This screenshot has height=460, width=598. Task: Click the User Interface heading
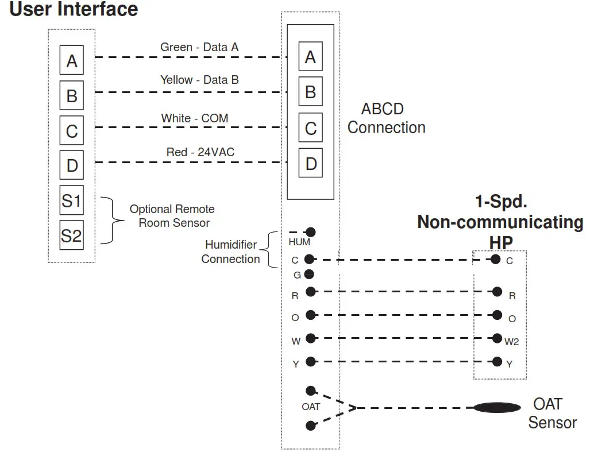coord(74,10)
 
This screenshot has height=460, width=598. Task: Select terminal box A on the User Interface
coord(72,61)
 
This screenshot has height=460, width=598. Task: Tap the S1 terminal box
coord(72,201)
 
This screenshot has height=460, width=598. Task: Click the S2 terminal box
coord(72,235)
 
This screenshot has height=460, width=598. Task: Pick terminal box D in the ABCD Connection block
coord(311,164)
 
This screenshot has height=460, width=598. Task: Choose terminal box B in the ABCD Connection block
coord(311,92)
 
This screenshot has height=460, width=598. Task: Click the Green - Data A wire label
coord(199,47)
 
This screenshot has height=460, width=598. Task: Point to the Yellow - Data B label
coord(199,80)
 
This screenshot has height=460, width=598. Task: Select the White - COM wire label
coord(195,118)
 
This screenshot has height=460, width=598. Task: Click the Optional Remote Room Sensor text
coord(172,216)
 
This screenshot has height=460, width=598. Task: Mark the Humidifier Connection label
coord(230,252)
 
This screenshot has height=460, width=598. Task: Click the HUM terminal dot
coord(311,232)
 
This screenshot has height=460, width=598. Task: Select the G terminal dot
coord(309,274)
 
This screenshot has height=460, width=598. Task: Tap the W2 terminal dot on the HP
coord(496,338)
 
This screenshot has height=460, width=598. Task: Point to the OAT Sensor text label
coord(551,413)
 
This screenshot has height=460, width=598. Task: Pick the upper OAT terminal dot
coord(311,391)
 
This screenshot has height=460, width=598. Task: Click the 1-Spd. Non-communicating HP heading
coord(500,222)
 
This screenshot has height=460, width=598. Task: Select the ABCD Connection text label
coord(386,118)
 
